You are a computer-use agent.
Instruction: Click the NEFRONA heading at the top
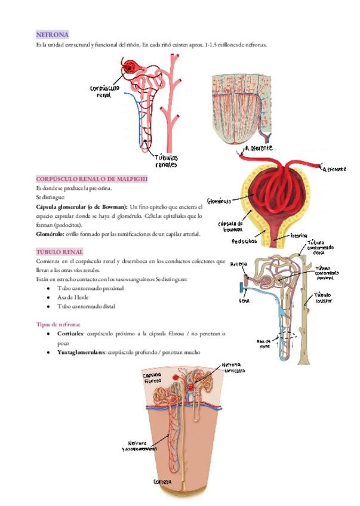click(52, 35)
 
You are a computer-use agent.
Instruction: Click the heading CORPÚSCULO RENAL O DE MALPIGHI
click(91, 179)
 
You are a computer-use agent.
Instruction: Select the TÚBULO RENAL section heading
click(60, 252)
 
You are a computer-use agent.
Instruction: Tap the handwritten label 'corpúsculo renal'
click(104, 91)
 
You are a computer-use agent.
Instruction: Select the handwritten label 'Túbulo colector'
click(323, 298)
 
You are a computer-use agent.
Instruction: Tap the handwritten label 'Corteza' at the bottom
click(162, 482)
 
